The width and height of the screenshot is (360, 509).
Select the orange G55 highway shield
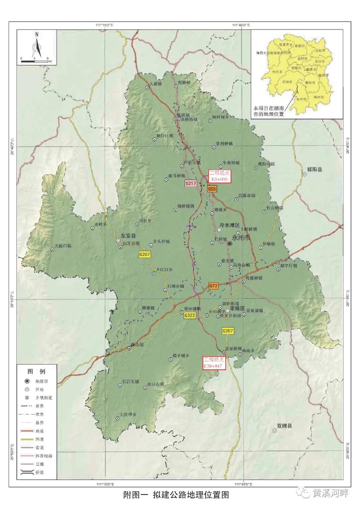[212, 189]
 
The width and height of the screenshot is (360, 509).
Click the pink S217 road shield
[191, 183]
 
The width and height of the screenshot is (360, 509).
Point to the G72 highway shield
[213, 286]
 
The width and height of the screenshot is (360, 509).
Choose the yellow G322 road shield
[189, 315]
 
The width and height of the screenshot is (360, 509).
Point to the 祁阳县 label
[315, 170]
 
